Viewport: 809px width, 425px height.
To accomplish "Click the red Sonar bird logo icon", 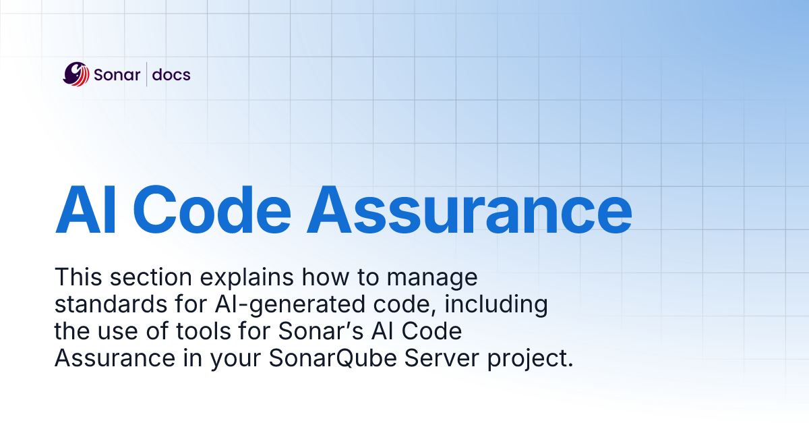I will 76,74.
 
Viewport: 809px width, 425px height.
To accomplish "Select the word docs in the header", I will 171,75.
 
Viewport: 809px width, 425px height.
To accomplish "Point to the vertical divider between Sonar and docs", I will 147,74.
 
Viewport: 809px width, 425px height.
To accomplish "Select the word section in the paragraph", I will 147,277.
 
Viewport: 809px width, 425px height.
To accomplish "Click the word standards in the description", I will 104,305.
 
